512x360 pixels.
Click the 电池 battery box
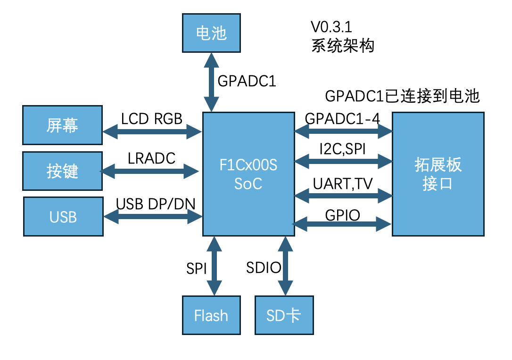211,33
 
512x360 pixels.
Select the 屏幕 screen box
62,125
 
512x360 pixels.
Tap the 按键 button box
62,171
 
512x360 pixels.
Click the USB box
63,217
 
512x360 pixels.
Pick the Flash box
211,315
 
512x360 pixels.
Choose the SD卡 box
284,315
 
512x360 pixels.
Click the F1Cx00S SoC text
248,174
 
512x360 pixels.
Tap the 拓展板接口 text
438,174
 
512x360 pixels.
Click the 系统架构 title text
343,46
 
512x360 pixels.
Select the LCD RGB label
152,119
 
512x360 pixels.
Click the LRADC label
152,158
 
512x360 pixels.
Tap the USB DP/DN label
156,204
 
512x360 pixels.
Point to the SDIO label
264,268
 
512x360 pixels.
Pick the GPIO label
343,215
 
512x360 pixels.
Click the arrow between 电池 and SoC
211,82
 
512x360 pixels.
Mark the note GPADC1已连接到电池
402,96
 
